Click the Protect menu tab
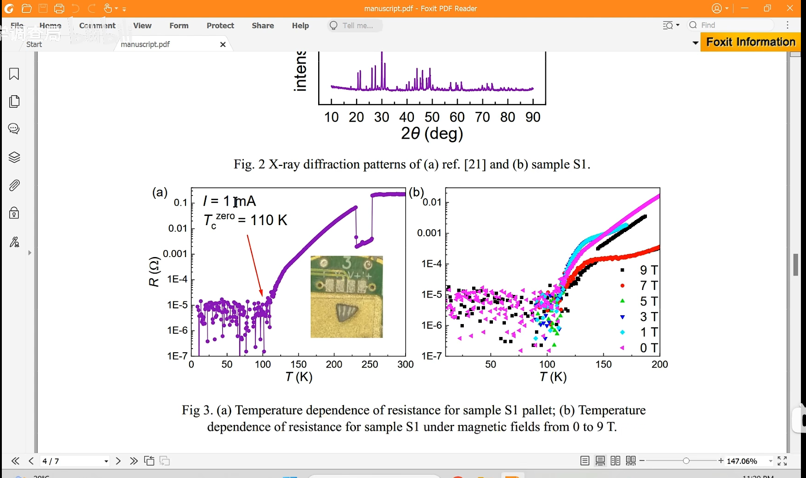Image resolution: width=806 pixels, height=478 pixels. pyautogui.click(x=220, y=25)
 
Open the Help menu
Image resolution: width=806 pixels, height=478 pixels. pyautogui.click(x=300, y=25)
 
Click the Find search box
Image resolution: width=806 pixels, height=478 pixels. pyautogui.click(x=731, y=25)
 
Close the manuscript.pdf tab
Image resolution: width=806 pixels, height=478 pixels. pyautogui.click(x=223, y=44)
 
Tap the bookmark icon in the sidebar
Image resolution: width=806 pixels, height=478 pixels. pyautogui.click(x=14, y=74)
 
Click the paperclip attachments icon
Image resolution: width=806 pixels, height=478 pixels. pyautogui.click(x=14, y=185)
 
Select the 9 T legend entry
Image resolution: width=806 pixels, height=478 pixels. pyautogui.click(x=648, y=270)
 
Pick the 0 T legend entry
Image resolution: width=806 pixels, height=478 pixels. pyautogui.click(x=648, y=348)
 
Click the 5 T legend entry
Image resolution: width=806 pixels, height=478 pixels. pyautogui.click(x=648, y=301)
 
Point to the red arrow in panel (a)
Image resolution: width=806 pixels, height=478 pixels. pyautogui.click(x=255, y=265)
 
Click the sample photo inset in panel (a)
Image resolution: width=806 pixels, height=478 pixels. pyautogui.click(x=346, y=297)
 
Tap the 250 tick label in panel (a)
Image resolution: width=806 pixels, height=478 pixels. pyautogui.click(x=369, y=364)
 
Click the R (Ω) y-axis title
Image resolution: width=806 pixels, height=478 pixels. pyautogui.click(x=154, y=272)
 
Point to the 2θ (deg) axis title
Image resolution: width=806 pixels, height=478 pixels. pyautogui.click(x=431, y=134)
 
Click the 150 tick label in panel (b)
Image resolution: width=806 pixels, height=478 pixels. pyautogui.click(x=603, y=364)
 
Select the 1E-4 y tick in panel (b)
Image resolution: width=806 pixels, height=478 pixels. pyautogui.click(x=431, y=264)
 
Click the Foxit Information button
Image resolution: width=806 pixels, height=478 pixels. pyautogui.click(x=750, y=42)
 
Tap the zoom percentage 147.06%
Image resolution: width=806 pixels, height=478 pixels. pyautogui.click(x=742, y=461)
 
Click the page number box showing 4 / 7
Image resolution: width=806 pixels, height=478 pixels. pyautogui.click(x=74, y=461)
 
